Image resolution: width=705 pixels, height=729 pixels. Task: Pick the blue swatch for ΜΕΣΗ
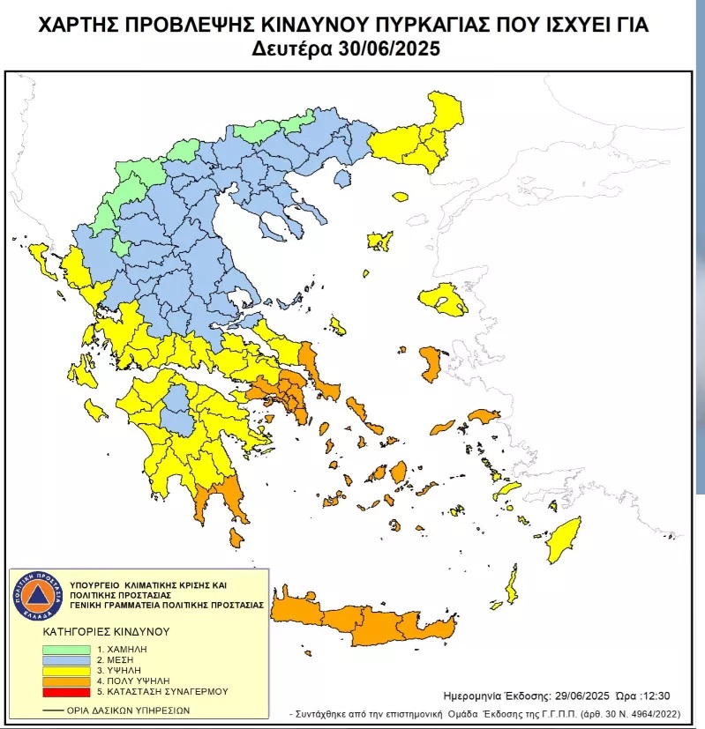tap(64, 660)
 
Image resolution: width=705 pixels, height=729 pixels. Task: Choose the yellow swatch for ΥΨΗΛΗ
tap(64, 671)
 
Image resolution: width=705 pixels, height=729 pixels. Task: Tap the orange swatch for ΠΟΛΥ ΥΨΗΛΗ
tap(64, 681)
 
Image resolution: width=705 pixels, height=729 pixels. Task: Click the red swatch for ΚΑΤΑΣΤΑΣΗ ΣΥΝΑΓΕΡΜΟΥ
tap(64, 692)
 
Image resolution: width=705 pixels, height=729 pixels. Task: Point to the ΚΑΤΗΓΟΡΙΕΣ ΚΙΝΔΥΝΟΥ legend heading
tap(106, 632)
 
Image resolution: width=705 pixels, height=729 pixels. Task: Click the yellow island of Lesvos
tap(443, 300)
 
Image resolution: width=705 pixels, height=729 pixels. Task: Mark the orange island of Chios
tap(431, 363)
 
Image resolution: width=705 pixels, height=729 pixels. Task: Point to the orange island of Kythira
tap(236, 537)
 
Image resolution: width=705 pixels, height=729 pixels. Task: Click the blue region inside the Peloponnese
tap(180, 410)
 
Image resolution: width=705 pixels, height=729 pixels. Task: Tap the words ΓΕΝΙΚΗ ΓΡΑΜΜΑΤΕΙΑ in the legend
tap(126, 606)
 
